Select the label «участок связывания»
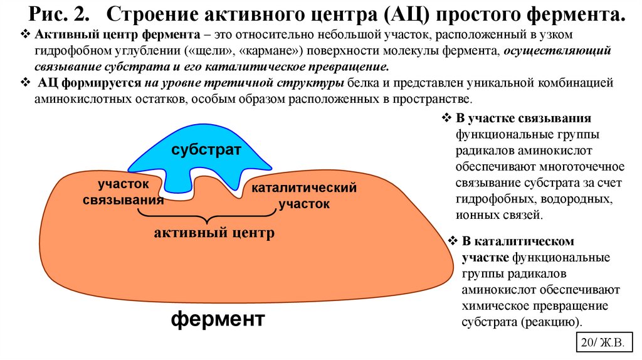[x=124, y=191]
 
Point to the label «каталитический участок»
[x=304, y=196]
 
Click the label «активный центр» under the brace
[x=214, y=233]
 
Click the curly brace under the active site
[x=207, y=216]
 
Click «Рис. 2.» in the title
[x=56, y=14]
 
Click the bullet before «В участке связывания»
[x=448, y=119]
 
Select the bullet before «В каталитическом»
[x=454, y=241]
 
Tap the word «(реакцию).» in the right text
[x=552, y=322]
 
